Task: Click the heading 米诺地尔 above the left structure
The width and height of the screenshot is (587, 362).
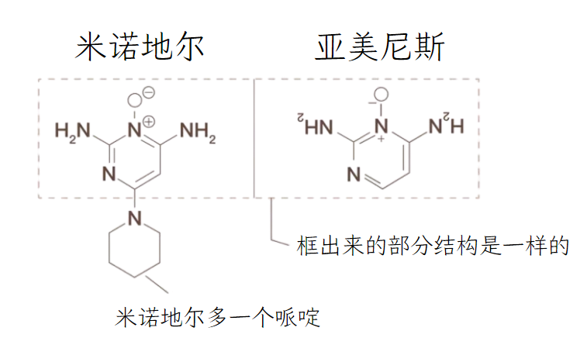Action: coord(140,48)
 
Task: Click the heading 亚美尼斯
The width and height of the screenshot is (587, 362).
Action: coord(380,48)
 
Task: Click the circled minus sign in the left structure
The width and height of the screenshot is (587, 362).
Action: coord(148,92)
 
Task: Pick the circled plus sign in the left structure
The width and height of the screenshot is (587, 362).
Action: coord(148,121)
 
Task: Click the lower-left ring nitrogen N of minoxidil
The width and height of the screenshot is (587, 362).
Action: coord(109,174)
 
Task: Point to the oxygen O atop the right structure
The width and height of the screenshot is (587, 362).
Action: coord(380,100)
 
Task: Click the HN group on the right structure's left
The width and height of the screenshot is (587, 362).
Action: coord(310,124)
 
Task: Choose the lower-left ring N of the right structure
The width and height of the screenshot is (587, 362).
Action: coord(354,174)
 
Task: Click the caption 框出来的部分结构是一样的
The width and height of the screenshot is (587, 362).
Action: coord(433,247)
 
